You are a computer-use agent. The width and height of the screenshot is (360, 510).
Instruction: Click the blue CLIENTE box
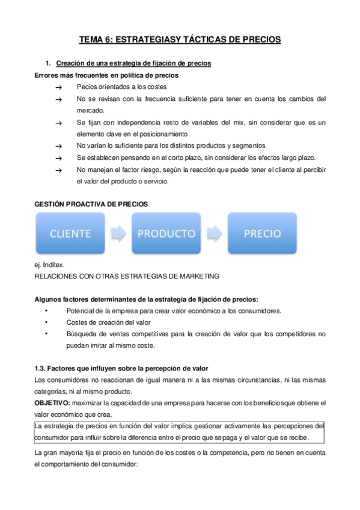[71, 233]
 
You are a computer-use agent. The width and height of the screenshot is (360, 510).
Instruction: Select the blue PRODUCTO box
[166, 233]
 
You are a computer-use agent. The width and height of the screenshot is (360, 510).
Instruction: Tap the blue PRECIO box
[262, 233]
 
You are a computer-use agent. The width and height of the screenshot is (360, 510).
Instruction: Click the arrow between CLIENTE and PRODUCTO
[118, 233]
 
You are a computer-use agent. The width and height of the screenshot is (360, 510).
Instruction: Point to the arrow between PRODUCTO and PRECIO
[214, 233]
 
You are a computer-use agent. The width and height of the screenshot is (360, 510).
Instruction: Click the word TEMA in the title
[91, 40]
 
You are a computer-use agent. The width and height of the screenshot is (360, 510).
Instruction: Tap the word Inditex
[55, 265]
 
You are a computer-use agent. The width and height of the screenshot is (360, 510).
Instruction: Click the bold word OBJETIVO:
[52, 402]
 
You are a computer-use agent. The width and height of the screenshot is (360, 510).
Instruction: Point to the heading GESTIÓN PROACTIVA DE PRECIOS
[91, 204]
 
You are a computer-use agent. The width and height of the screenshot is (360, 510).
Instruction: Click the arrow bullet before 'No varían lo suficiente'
[58, 146]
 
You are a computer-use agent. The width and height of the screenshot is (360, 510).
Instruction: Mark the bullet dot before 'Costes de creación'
[46, 322]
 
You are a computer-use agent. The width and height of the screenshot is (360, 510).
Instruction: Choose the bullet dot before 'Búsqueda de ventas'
[46, 334]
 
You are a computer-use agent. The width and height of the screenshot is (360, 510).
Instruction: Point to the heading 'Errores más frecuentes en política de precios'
[106, 76]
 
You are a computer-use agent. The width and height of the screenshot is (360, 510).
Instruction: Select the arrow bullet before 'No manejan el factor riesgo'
[58, 170]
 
